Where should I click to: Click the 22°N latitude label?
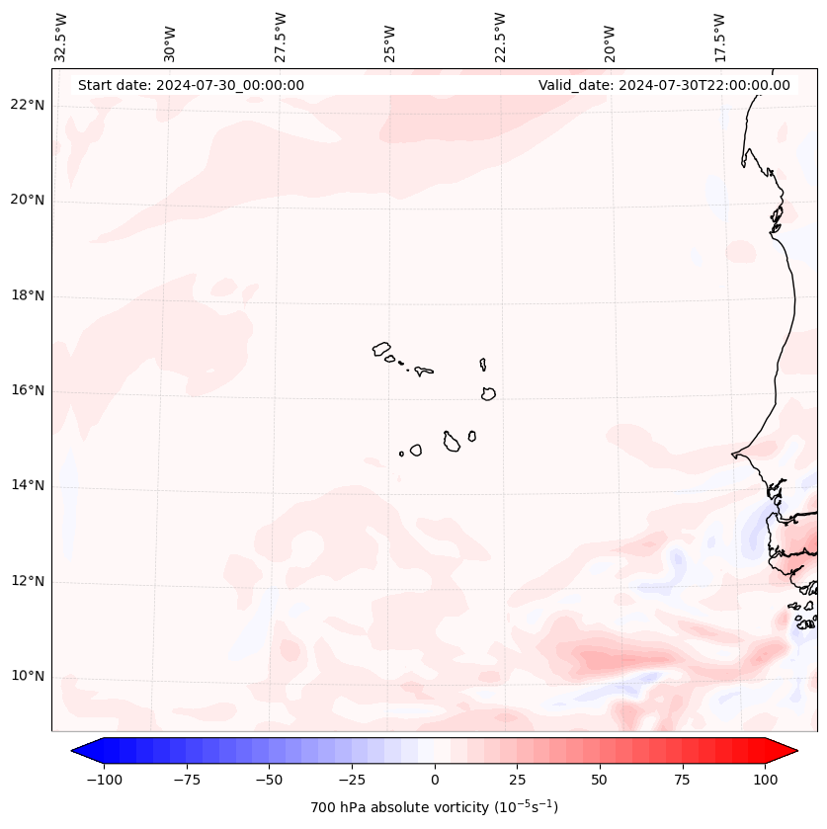[28, 105]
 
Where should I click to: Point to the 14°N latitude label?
[28, 485]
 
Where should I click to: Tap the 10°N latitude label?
[28, 677]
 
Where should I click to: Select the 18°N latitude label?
[28, 295]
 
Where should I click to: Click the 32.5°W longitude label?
[61, 37]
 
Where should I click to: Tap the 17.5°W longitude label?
[719, 37]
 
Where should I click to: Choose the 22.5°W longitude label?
[500, 37]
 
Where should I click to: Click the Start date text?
[191, 85]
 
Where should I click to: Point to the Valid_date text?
[664, 85]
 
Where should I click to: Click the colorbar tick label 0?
[435, 780]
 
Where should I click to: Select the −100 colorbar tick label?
[104, 780]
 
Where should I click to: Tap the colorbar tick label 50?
[600, 780]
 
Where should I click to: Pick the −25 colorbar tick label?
[352, 780]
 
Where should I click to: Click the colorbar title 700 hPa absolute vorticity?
[435, 807]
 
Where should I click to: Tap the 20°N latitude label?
[28, 200]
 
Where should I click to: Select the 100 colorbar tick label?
[765, 780]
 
